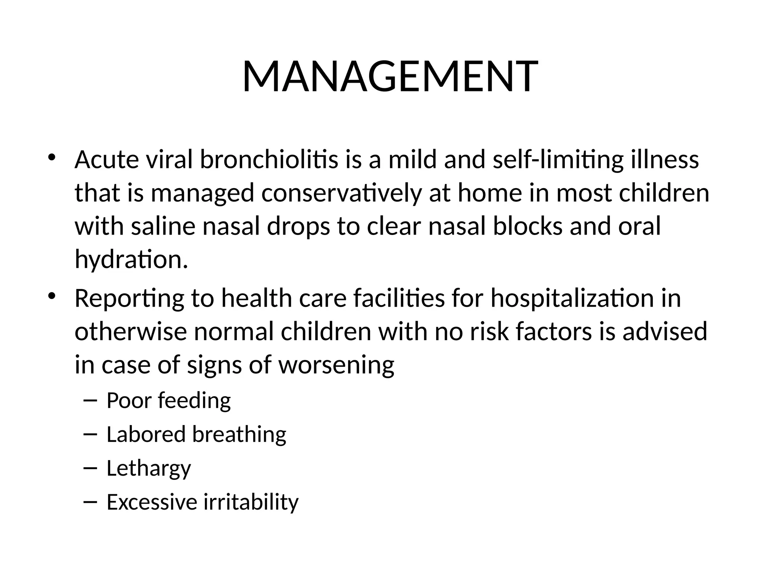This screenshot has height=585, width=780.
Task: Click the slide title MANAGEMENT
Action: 390,77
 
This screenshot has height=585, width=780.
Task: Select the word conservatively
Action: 342,193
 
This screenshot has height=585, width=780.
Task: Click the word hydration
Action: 131,260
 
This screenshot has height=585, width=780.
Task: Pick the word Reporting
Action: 129,298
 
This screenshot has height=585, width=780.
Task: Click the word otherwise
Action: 130,331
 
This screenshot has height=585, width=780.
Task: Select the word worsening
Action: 336,365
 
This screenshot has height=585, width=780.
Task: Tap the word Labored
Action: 146,435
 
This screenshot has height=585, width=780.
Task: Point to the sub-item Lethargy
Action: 149,468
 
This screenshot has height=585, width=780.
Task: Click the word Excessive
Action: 152,502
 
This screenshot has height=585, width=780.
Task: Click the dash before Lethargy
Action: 90,468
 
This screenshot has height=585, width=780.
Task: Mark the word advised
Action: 665,331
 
